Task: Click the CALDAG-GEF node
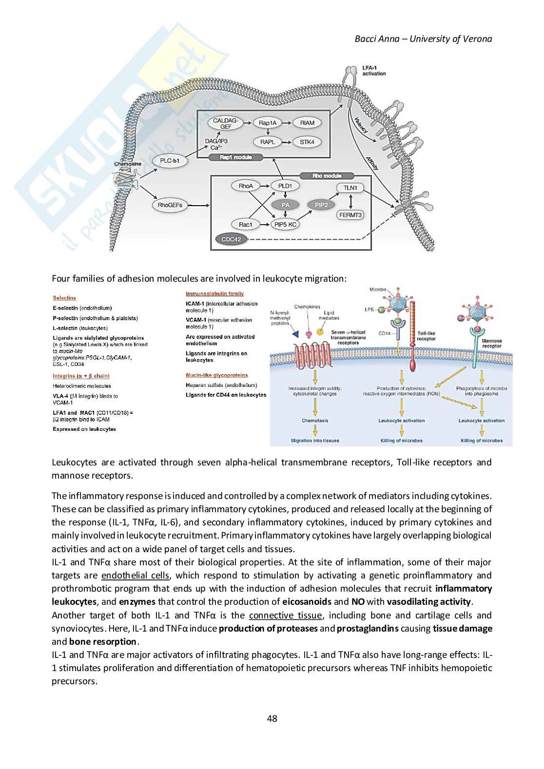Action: coord(226,123)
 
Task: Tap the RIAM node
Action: coord(307,123)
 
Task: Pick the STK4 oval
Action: coord(307,142)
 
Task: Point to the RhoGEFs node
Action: coord(170,205)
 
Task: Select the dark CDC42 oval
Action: coord(232,239)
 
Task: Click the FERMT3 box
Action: coord(350,215)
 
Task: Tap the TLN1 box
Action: coord(350,188)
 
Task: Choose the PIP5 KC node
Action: coord(286,225)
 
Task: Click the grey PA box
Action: coord(285,205)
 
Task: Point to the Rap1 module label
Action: coord(236,157)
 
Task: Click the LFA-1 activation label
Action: coord(374,70)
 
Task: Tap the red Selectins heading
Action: coord(64,298)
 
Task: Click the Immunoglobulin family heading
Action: coord(214,293)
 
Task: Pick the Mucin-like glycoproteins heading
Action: coord(216,375)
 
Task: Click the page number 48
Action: coord(272,718)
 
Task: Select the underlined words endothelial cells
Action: coord(136,576)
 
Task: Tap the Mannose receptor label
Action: coord(491,343)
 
